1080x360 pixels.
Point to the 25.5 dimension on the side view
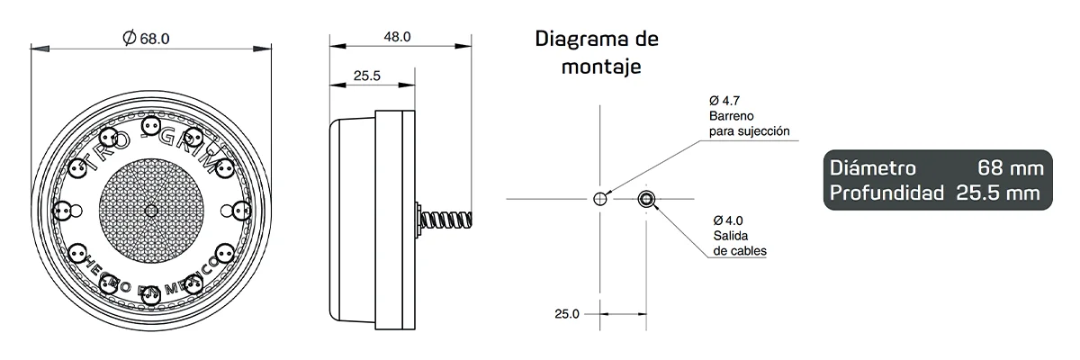365,76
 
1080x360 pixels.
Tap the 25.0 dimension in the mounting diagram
566,314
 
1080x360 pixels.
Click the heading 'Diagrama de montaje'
597,52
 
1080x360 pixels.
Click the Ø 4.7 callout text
724,100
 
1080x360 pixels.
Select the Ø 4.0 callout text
727,220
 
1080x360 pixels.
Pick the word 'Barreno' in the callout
731,116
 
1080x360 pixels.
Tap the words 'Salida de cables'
739,243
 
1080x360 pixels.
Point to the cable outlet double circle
646,199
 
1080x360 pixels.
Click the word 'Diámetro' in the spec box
873,168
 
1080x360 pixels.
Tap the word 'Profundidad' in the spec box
886,193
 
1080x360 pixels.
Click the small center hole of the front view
151,210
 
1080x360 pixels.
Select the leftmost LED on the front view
62,211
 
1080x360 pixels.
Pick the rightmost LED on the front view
241,211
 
